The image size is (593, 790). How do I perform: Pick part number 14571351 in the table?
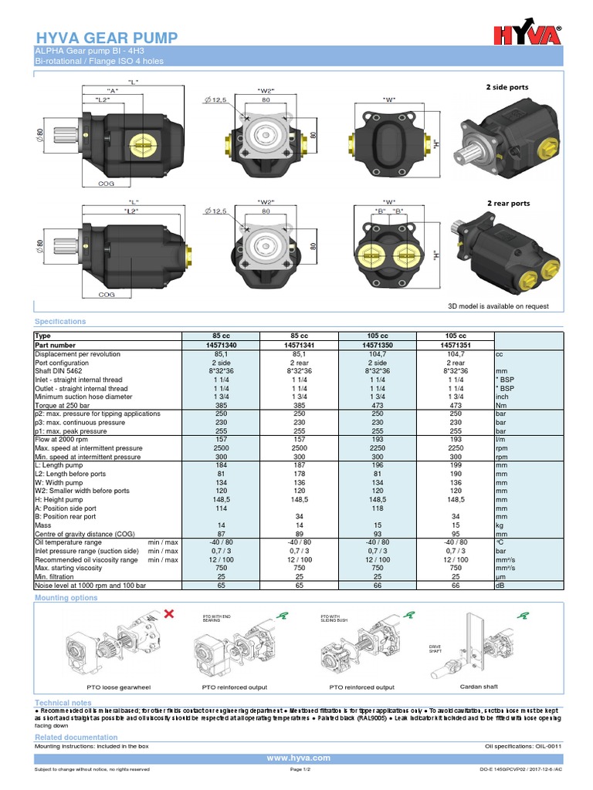pyautogui.click(x=456, y=345)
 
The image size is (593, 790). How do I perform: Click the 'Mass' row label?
pyautogui.click(x=43, y=525)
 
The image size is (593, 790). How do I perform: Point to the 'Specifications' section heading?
pyautogui.click(x=60, y=321)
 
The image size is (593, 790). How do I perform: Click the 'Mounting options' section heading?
pyautogui.click(x=66, y=598)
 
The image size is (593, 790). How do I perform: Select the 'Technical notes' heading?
pyautogui.click(x=63, y=703)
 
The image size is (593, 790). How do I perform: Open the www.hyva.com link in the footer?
pyautogui.click(x=298, y=758)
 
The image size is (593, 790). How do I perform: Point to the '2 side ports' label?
pyautogui.click(x=507, y=87)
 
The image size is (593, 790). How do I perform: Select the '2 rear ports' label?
pyautogui.click(x=508, y=203)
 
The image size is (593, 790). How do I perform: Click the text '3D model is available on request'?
pyautogui.click(x=498, y=306)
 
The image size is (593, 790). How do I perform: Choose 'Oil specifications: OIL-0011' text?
pyautogui.click(x=521, y=746)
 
